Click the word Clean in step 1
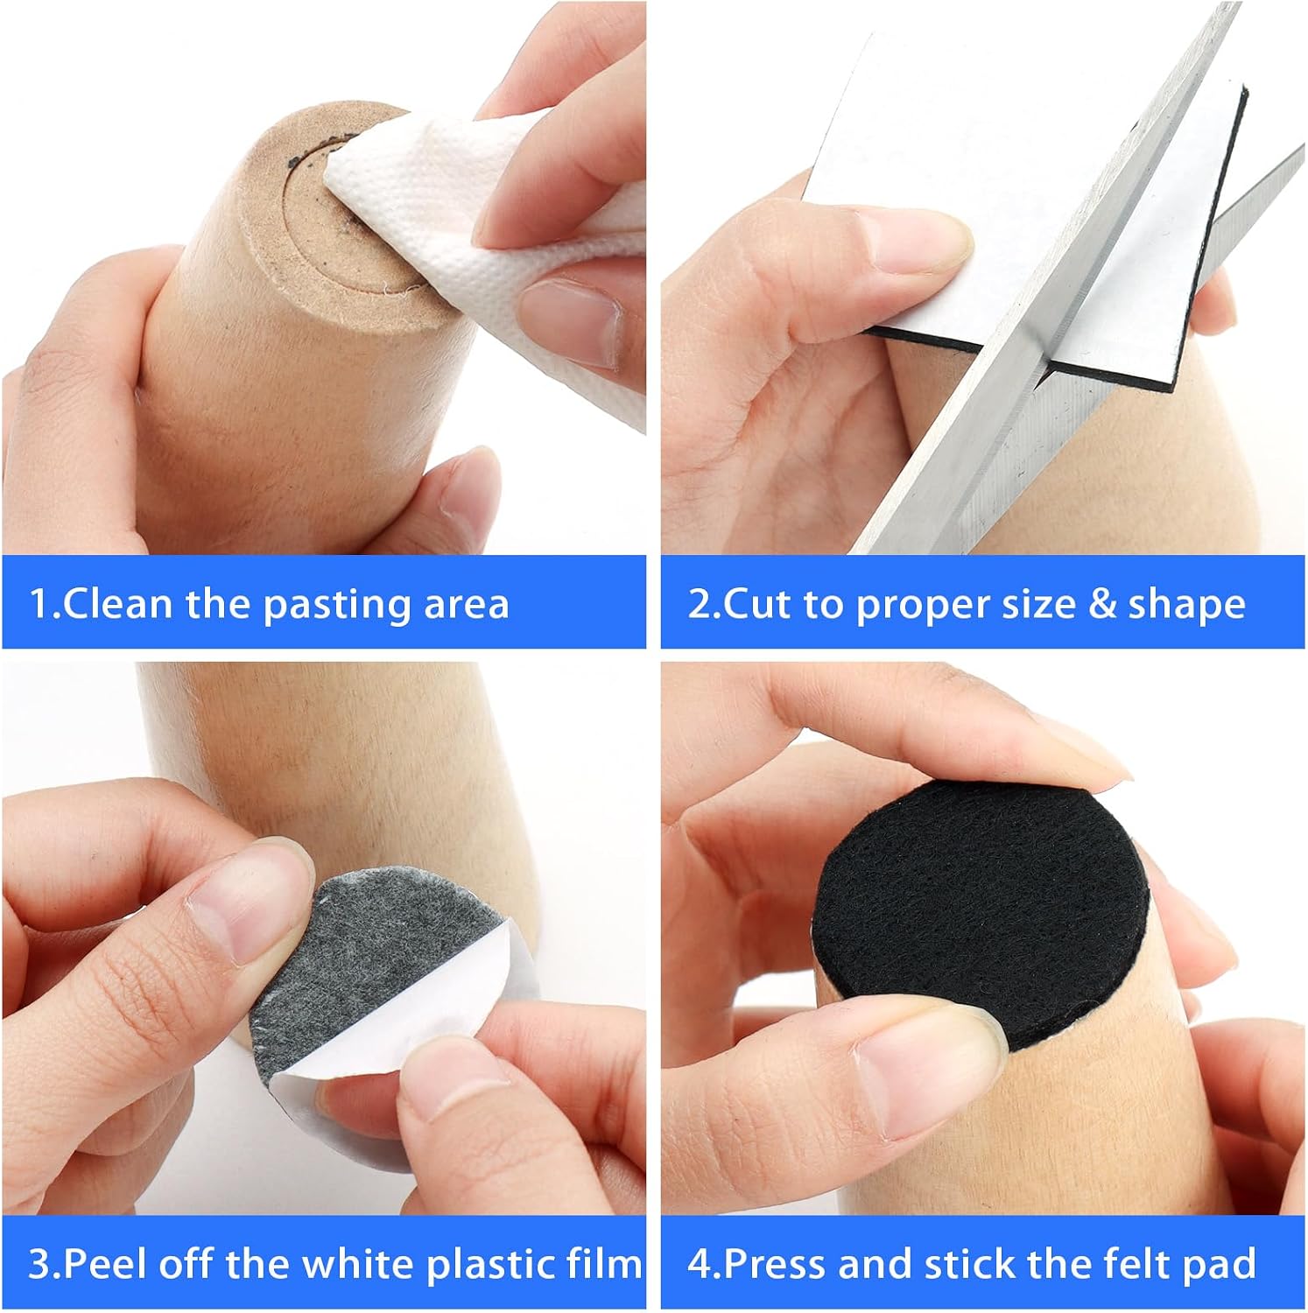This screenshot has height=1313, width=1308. coord(117,604)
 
